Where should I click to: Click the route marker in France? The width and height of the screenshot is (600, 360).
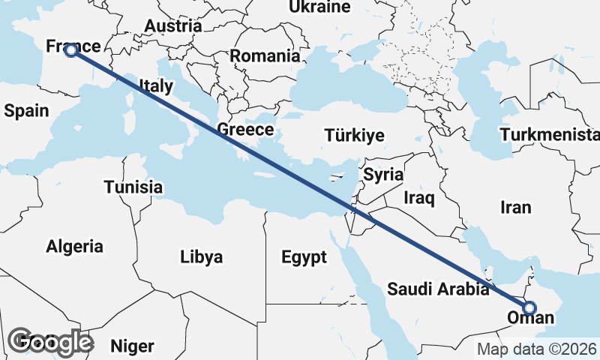(x=70, y=51)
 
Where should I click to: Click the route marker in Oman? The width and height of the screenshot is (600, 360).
(x=529, y=307)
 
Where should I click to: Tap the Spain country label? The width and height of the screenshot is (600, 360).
(x=26, y=111)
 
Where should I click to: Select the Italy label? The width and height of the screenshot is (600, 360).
(x=156, y=86)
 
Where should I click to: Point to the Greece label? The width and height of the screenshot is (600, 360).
(x=245, y=130)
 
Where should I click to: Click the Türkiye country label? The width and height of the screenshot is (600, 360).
(x=354, y=136)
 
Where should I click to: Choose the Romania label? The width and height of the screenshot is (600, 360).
(x=265, y=55)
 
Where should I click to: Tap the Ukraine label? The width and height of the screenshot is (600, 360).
(x=320, y=7)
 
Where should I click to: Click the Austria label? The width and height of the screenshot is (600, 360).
(x=173, y=25)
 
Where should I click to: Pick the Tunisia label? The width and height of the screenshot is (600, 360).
(x=133, y=187)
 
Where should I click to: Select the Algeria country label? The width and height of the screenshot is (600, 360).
(x=74, y=246)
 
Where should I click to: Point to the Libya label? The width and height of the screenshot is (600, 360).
(x=201, y=257)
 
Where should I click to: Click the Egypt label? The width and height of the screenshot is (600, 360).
(x=304, y=257)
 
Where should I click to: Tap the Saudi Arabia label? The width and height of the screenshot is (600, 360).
(x=439, y=289)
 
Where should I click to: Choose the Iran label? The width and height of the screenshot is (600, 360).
(x=515, y=208)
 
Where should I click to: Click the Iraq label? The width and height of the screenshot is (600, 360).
(x=418, y=198)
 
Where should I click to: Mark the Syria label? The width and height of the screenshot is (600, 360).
(x=383, y=175)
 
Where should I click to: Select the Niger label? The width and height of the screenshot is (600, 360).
(x=132, y=346)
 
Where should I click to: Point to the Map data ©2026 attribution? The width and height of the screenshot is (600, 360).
(x=537, y=349)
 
